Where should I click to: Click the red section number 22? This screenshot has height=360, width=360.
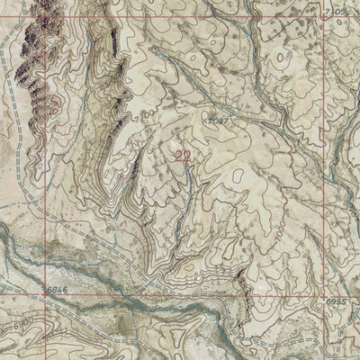coord(183,155)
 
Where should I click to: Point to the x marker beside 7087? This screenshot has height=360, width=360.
coord(206,117)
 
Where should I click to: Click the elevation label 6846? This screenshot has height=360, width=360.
coord(57,289)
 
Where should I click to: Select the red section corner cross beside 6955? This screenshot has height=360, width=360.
coord(325,294)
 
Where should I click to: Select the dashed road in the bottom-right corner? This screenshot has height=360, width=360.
coord(306,342)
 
